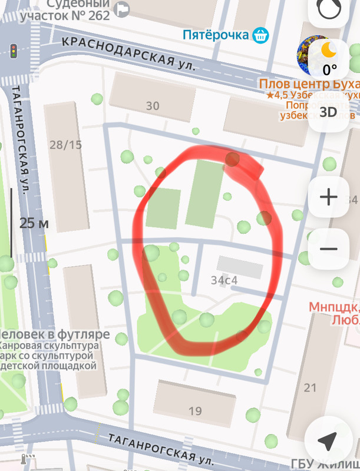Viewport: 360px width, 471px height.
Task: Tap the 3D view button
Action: click(328, 111)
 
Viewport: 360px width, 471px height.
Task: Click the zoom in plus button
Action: click(328, 197)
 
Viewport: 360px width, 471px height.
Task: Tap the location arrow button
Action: click(328, 440)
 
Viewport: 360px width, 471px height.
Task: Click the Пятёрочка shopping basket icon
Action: click(260, 35)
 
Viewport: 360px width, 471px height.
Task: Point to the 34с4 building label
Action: click(224, 280)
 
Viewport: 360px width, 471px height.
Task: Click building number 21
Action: click(310, 387)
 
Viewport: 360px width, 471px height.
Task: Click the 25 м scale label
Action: click(34, 223)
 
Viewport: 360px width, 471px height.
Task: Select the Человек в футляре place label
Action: click(55, 334)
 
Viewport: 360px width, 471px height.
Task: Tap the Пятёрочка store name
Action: click(215, 35)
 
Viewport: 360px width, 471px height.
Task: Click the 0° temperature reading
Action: click(330, 69)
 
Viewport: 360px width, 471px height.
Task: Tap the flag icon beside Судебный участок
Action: click(123, 9)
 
